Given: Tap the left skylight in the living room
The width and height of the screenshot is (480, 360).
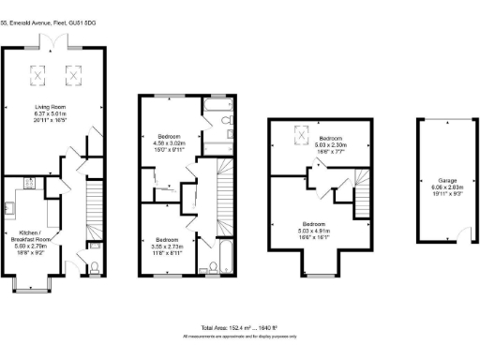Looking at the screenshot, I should point(40,72).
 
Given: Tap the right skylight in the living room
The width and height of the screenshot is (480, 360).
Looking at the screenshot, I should point(71,72).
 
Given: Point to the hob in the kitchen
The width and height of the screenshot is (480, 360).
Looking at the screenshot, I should point(26,183).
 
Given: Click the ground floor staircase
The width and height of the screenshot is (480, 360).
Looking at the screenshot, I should point(92,212).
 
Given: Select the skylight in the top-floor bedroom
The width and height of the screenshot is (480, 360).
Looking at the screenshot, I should point(302,136).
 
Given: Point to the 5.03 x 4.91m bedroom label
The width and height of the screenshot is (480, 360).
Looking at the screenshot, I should point(313,230).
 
